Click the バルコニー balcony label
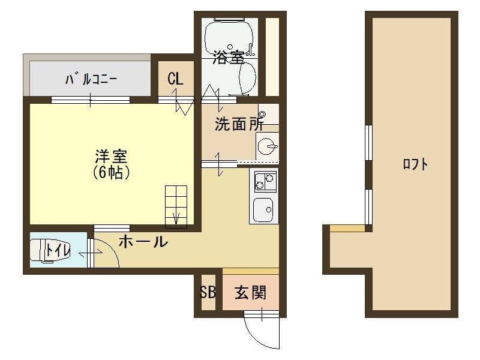tap(91, 79)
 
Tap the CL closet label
tap(175, 79)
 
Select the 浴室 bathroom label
tap(229, 58)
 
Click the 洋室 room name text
tap(111, 157)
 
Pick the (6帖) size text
tap(112, 173)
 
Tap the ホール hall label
tap(143, 242)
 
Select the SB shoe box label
tap(208, 293)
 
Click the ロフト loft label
tap(415, 164)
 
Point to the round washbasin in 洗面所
tap(268, 145)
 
